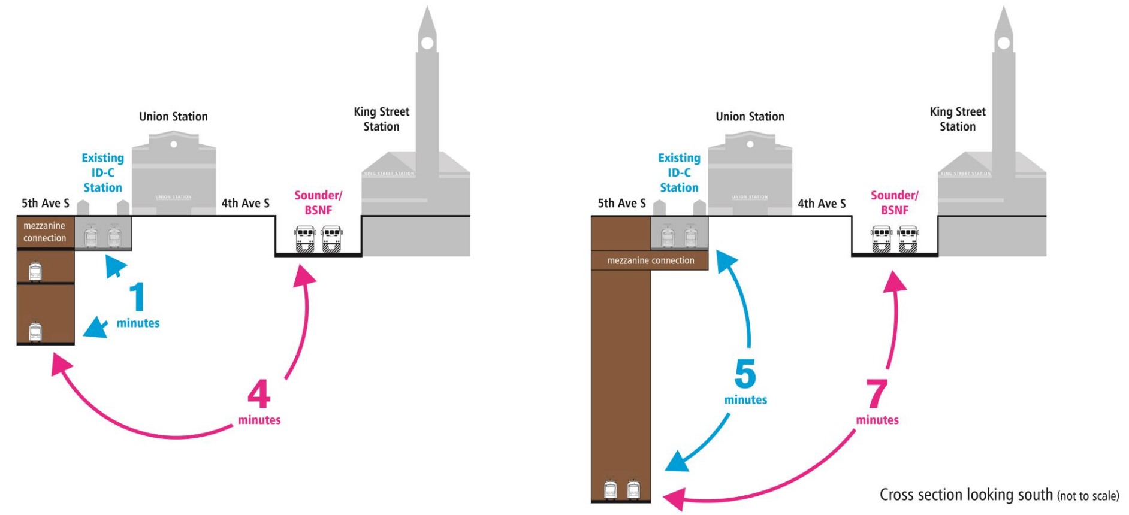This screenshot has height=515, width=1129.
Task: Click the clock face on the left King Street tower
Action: (427, 43)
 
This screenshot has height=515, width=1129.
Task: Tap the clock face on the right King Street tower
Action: (1004, 43)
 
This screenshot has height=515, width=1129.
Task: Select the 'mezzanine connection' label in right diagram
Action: (651, 260)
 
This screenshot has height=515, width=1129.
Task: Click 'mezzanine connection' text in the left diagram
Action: (45, 232)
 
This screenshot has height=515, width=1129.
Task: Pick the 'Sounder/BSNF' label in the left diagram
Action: (318, 202)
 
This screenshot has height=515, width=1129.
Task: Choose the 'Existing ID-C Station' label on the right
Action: (679, 172)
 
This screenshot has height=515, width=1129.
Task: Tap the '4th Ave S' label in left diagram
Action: (245, 203)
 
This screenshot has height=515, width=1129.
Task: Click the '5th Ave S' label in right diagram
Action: (621, 203)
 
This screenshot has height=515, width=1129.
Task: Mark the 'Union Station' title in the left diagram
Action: (173, 116)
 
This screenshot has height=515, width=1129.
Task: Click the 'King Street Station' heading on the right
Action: (958, 119)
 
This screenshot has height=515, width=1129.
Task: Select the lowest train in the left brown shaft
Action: (35, 331)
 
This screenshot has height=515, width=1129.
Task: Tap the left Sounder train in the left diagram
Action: (305, 239)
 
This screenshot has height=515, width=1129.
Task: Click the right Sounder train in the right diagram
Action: (908, 239)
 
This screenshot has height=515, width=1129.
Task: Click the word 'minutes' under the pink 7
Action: (877, 420)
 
